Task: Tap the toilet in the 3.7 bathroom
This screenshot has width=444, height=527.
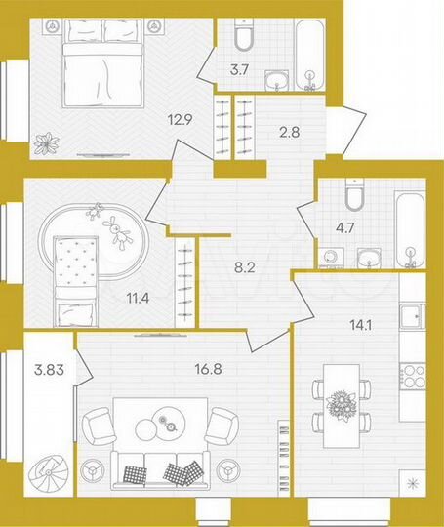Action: point(244,37)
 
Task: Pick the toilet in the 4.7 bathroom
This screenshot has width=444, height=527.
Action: point(356,198)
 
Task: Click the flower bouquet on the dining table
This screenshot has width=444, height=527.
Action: point(343,403)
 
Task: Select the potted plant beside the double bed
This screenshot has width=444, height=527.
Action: point(45,143)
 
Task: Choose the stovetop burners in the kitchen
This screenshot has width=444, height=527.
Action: point(417,377)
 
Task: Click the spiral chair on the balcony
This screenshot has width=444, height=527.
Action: point(46,476)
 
